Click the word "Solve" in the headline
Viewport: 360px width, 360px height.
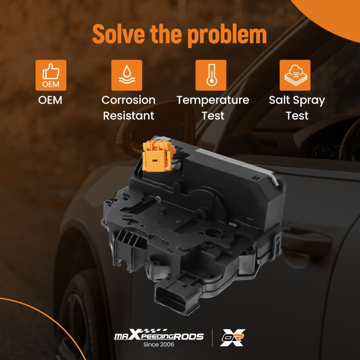coord(119,34)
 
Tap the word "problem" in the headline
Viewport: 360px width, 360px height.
coord(227,36)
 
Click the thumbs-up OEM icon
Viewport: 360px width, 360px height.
coord(51,75)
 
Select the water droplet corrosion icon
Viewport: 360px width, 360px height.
coord(127,75)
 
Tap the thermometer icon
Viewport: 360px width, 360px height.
coord(211,75)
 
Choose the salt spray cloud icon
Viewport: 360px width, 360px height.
coord(295,75)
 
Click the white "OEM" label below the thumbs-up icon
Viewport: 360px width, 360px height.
coord(50,100)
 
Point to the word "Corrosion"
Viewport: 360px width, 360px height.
coord(129,100)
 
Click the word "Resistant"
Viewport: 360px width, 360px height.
coord(129,116)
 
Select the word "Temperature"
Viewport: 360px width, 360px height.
coord(213,100)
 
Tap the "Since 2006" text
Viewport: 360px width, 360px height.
coord(159,345)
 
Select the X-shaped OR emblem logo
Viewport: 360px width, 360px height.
coord(233,337)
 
